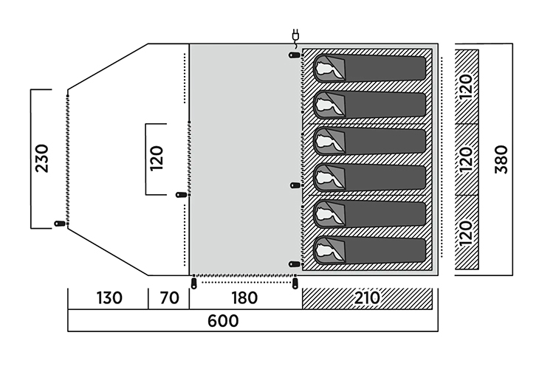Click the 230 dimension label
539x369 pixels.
point(42,158)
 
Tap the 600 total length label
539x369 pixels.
point(223,321)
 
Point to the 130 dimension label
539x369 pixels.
point(108,298)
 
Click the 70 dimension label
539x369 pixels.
point(169,298)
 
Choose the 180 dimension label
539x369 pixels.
point(244,298)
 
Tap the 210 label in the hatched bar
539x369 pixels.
point(367,298)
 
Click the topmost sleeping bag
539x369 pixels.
point(370,67)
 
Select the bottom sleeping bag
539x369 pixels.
point(370,251)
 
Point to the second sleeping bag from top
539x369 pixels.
point(370,104)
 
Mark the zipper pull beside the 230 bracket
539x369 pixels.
point(58,224)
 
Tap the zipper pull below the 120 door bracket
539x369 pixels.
point(180,195)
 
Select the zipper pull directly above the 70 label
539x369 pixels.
point(193,283)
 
